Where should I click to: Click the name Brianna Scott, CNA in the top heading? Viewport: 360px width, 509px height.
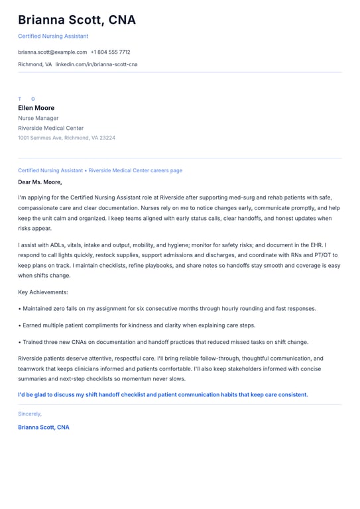pos(77,20)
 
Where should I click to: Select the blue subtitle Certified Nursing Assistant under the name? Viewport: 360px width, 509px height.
pos(53,36)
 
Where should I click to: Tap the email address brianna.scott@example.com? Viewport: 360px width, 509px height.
pos(52,52)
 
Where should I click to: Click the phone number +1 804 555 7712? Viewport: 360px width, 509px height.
pos(110,52)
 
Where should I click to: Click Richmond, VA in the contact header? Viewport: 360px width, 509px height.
pos(34,64)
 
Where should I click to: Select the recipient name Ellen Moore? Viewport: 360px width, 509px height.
pos(36,108)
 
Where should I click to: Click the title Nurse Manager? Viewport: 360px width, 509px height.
pos(38,118)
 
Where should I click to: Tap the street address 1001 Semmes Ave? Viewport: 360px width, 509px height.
pos(40,138)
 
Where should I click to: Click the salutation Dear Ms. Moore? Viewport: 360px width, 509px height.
pos(40,182)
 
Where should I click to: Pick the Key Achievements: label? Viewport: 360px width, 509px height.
pos(43,292)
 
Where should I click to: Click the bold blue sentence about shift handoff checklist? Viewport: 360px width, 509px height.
pos(163,394)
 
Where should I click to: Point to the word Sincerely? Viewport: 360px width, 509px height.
pos(30,414)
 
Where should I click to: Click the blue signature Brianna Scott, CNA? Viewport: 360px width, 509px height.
pos(44,427)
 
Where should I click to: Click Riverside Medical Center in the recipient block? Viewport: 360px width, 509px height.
pos(51,128)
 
